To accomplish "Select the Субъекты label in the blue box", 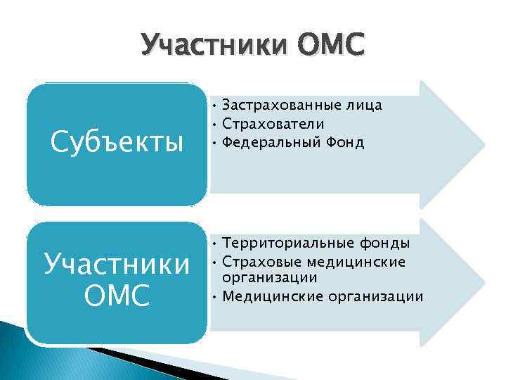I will coord(118,143).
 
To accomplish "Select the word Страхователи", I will coord(273,125).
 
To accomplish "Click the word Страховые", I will coord(259,262).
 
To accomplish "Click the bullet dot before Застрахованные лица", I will coord(214,106).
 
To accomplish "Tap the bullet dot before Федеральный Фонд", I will coord(214,144).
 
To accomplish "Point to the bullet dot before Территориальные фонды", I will coord(214,244).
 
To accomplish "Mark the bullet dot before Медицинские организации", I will coord(214,297).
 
